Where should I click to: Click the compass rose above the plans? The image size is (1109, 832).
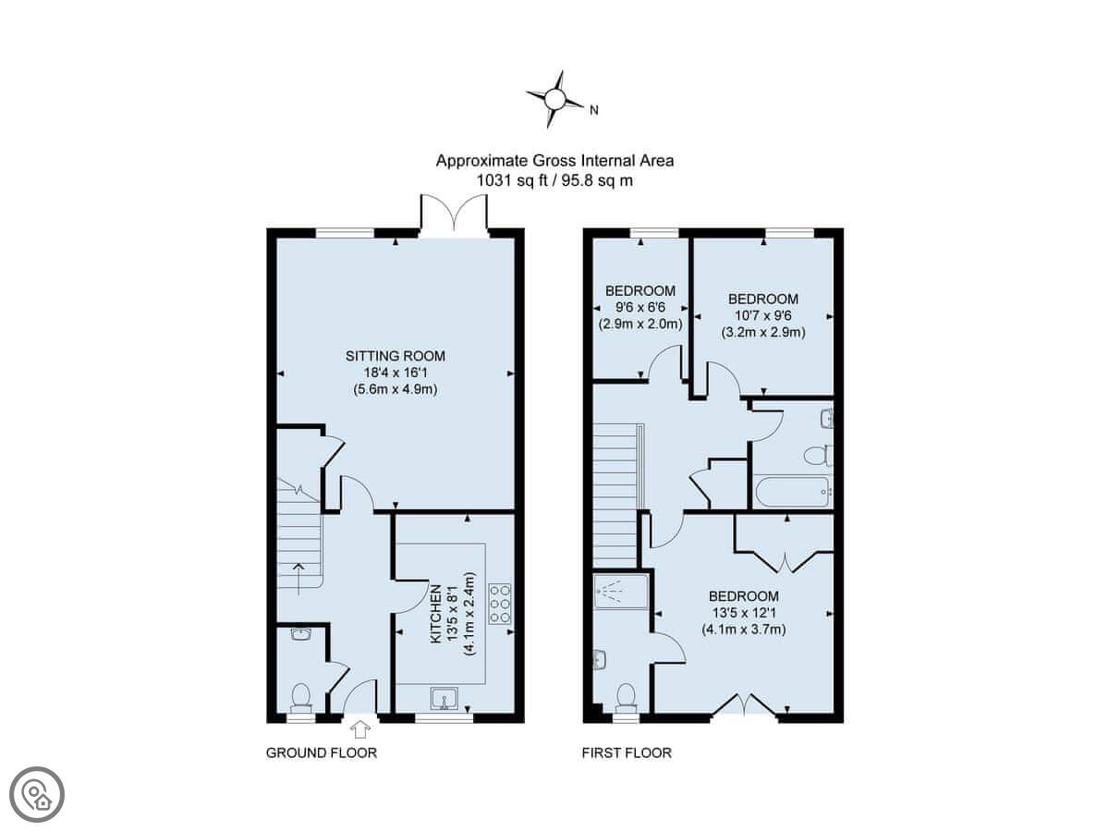click(x=554, y=99)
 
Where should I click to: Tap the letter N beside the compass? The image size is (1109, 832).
click(x=594, y=110)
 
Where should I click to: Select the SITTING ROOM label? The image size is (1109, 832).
click(x=396, y=356)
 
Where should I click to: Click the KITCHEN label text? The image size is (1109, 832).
click(x=435, y=614)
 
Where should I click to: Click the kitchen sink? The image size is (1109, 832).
click(x=445, y=698)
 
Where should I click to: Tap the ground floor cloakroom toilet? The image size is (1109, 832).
click(x=301, y=697)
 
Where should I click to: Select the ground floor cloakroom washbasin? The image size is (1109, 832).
click(x=301, y=634)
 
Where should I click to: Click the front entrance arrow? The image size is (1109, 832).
click(x=360, y=729)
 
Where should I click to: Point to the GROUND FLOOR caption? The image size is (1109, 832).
click(x=322, y=752)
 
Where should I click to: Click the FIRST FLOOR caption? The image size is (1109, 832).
click(x=627, y=752)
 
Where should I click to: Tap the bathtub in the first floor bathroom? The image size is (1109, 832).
click(x=792, y=493)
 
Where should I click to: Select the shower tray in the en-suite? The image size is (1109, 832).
click(x=620, y=591)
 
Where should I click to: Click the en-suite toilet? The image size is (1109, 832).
click(x=626, y=698)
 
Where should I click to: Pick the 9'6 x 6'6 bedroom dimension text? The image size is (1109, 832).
click(x=640, y=307)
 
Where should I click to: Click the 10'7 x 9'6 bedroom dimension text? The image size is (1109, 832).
click(x=763, y=316)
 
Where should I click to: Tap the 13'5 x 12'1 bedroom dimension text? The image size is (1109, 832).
click(x=744, y=613)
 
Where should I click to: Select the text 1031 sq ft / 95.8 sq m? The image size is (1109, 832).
click(x=554, y=180)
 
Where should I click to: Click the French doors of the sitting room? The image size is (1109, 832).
click(x=455, y=214)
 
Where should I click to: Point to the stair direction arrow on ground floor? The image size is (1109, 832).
click(x=299, y=579)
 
